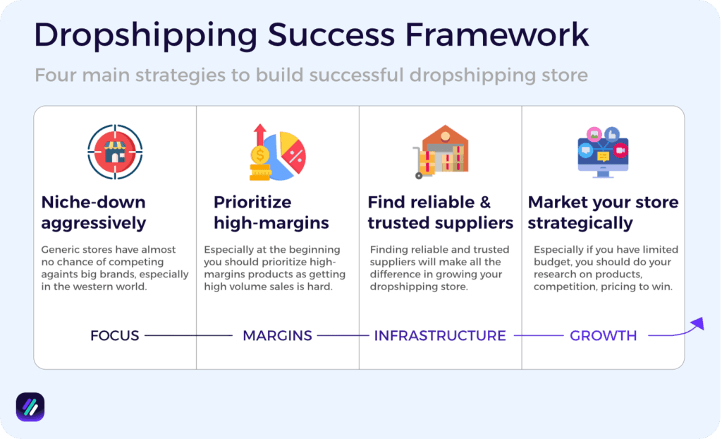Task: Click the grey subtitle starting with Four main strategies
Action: tap(311, 75)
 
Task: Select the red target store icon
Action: tap(115, 152)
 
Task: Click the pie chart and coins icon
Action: tap(277, 152)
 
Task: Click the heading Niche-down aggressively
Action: tap(93, 212)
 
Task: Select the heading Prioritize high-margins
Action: tap(271, 212)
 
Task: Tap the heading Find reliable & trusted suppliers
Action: tap(440, 212)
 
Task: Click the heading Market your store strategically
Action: tap(603, 212)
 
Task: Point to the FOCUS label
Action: tap(115, 336)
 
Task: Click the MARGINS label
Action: tap(277, 336)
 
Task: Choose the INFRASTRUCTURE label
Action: tap(440, 336)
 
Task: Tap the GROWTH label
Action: tap(603, 336)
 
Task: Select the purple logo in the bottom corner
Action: tap(30, 407)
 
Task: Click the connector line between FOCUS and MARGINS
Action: tap(188, 336)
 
